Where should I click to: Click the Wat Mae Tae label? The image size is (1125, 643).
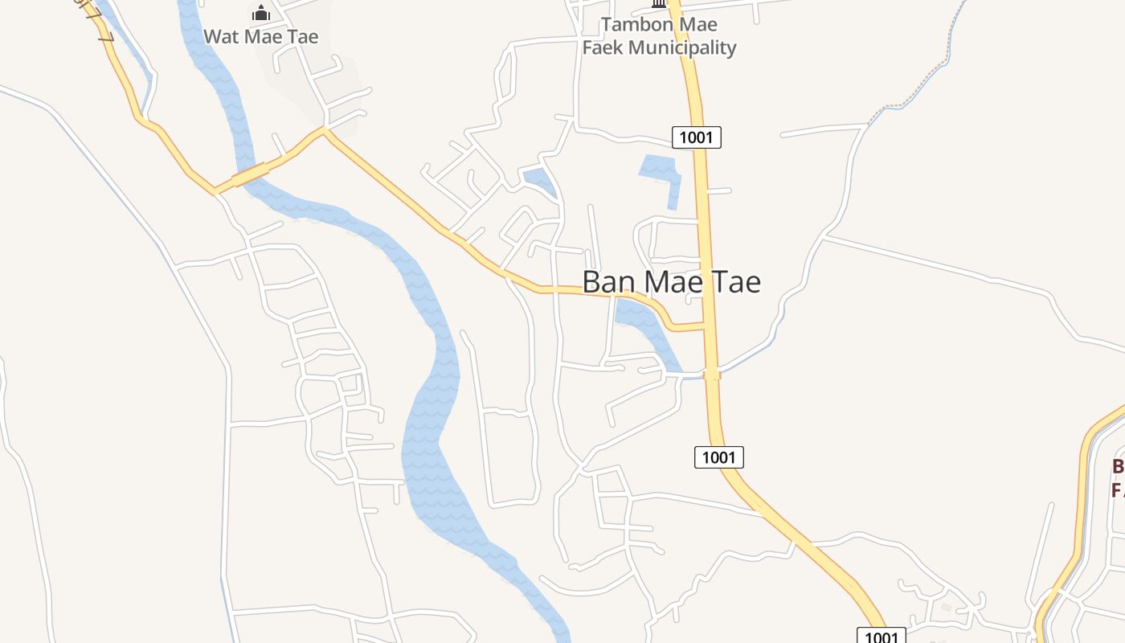pos(260,36)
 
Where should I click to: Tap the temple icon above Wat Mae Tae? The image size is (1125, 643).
pos(260,13)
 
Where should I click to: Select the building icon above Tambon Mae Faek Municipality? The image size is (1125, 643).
pos(659,4)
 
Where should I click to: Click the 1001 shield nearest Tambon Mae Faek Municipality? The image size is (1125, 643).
pos(696,137)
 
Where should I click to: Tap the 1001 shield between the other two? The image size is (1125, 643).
pos(718,457)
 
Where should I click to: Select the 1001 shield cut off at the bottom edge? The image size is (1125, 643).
pos(881,636)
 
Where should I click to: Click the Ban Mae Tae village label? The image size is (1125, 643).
pos(671,282)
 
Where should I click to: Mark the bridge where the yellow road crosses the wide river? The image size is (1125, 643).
pos(249,175)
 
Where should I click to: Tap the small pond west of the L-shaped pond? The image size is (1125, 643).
pos(538,180)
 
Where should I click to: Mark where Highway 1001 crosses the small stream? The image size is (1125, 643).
pos(712,374)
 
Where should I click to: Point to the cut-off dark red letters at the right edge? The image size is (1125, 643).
pos(1117,478)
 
